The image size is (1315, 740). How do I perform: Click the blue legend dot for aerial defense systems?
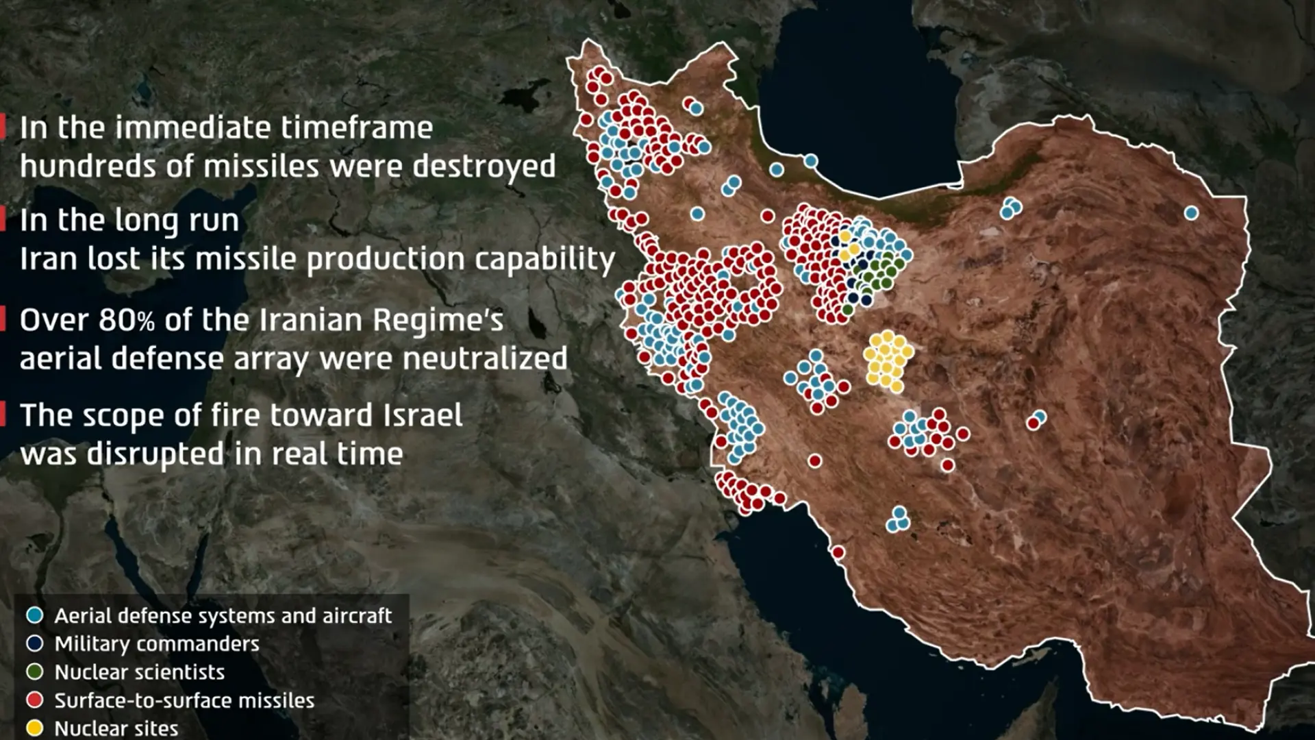(x=34, y=615)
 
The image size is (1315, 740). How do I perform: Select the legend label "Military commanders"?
(x=157, y=644)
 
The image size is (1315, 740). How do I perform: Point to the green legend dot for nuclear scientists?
(x=34, y=672)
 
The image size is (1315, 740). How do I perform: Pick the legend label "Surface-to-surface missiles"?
(x=184, y=700)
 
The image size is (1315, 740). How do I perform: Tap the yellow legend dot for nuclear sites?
(x=34, y=728)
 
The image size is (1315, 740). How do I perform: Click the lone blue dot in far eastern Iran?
(x=1191, y=213)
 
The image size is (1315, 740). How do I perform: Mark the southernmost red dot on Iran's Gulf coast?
(x=838, y=552)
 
